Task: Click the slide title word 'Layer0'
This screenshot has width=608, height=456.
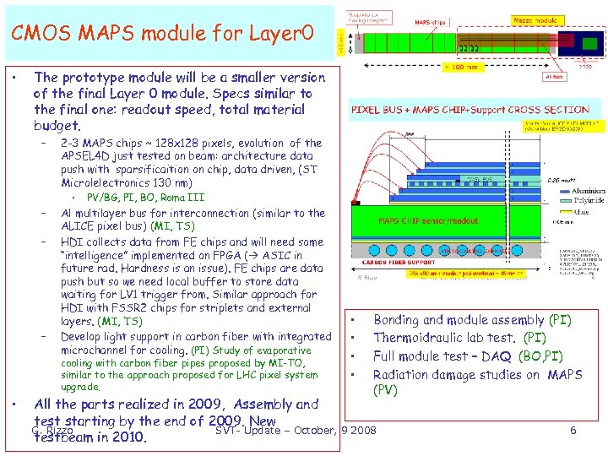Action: [280, 33]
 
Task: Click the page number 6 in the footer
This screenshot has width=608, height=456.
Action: [573, 431]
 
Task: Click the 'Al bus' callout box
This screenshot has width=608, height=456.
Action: [556, 76]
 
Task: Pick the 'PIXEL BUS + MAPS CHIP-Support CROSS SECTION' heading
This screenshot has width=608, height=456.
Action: [470, 110]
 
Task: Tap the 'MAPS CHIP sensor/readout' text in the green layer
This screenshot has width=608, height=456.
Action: [427, 221]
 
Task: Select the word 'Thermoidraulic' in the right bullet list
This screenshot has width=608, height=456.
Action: [415, 338]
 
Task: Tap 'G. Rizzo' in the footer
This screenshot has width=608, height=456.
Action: [50, 430]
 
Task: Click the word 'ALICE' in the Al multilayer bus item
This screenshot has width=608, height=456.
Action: [79, 226]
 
